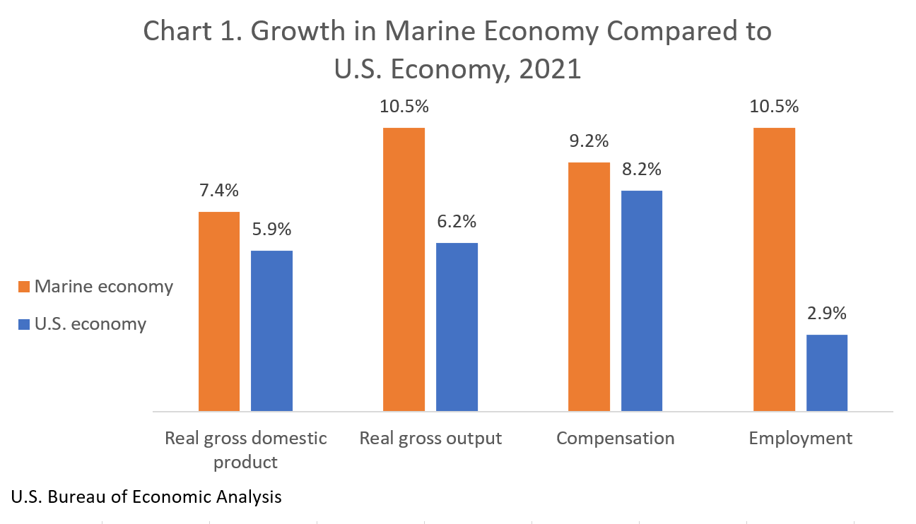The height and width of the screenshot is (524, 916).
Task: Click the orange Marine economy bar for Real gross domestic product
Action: tap(219, 311)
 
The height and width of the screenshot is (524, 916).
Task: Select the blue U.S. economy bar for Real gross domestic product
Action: tap(271, 331)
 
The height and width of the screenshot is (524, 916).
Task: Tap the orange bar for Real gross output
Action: tap(404, 269)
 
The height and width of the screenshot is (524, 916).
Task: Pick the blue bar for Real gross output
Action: tap(457, 326)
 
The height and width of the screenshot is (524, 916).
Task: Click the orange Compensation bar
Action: tap(589, 286)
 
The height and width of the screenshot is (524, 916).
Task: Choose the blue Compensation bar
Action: tap(642, 300)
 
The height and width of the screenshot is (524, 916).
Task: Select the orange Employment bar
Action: tap(774, 269)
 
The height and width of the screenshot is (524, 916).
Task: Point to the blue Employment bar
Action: tap(827, 372)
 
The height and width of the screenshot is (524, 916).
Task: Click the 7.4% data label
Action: tap(219, 190)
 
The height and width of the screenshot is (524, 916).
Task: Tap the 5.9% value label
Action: tap(271, 229)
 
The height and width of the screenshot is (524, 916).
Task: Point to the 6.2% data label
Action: tap(457, 221)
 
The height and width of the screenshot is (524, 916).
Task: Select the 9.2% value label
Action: tap(589, 141)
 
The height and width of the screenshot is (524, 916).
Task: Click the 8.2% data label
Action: tap(642, 169)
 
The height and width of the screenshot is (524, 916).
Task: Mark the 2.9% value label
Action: tap(827, 313)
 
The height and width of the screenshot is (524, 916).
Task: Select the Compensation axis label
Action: tap(615, 438)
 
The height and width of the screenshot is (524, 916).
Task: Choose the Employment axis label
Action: tap(800, 438)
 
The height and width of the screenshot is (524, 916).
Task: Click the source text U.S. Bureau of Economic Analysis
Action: tap(146, 496)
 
